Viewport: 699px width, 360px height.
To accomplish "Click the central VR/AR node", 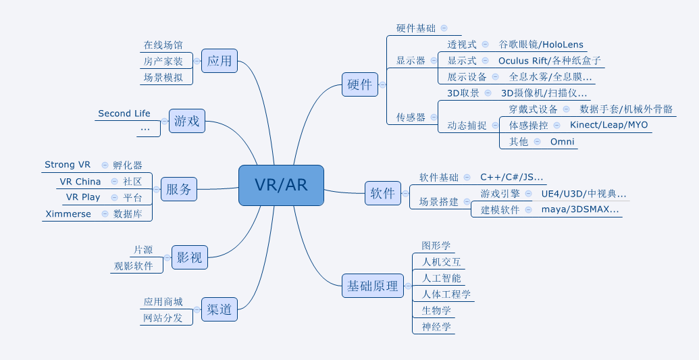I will pos(281,185).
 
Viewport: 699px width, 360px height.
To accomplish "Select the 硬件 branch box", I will pos(359,84).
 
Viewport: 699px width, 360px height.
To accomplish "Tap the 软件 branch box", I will pos(382,193).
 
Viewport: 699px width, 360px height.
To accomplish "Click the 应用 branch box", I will pos(219,61).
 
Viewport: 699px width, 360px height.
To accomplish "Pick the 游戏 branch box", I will pos(187,122).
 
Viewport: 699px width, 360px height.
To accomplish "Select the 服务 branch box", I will pos(179,190).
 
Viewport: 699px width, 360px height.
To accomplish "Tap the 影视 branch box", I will pos(189,257).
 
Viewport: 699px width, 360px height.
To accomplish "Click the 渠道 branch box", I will pos(219,310).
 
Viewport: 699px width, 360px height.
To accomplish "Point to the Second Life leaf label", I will pos(124,113).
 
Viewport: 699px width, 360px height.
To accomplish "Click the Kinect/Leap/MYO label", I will pos(609,125).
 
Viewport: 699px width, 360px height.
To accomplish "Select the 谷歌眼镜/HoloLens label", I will pos(541,45).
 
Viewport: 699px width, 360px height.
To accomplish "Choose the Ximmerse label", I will pos(68,214).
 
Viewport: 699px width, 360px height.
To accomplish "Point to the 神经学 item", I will pos(436,327).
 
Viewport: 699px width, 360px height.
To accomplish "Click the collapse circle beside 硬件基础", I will pos(444,28).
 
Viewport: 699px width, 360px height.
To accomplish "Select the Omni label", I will pos(562,141).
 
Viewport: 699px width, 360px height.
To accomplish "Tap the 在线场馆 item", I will pos(163,45).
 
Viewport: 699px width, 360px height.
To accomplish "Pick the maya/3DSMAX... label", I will pos(580,209).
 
